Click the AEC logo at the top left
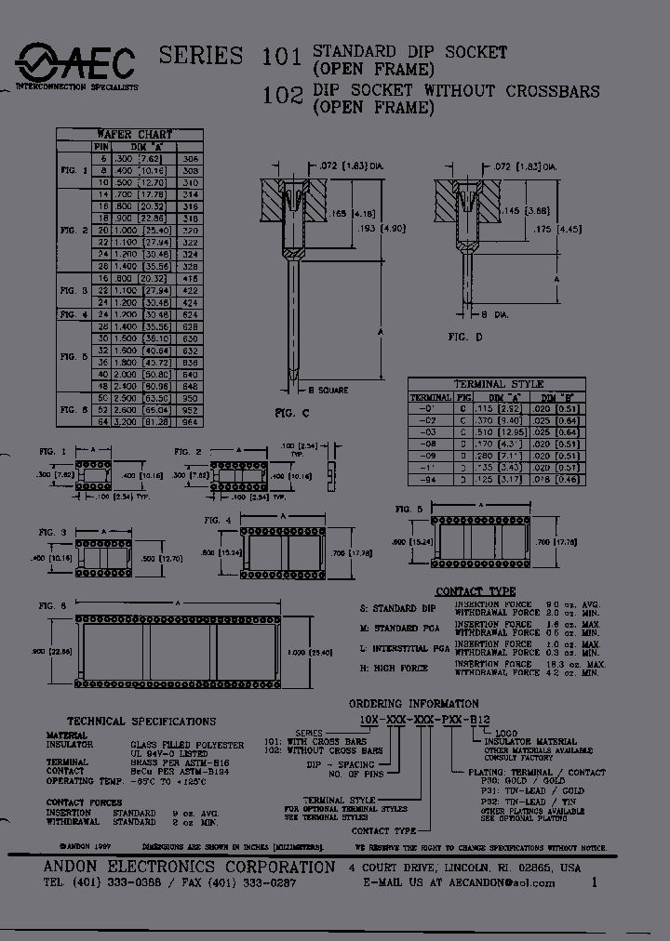click(74, 64)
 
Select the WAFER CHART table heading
click(135, 134)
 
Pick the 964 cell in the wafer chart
click(190, 421)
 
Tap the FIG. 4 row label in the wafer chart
click(74, 314)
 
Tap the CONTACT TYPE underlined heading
click(476, 591)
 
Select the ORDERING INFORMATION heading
click(414, 704)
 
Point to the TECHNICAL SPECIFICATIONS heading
click(141, 721)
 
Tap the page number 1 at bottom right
click(594, 883)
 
